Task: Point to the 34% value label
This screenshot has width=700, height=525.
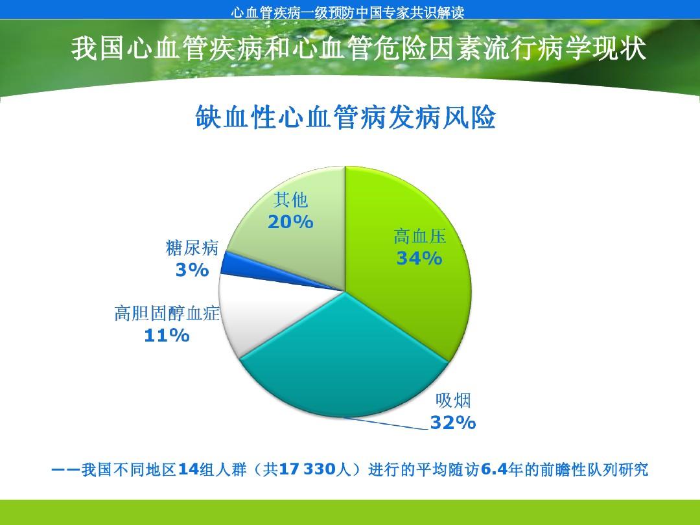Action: click(x=419, y=259)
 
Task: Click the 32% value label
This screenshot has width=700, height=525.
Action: click(x=453, y=423)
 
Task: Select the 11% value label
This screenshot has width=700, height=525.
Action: click(x=167, y=336)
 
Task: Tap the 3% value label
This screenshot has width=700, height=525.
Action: click(x=192, y=270)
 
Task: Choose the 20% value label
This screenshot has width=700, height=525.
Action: click(x=290, y=222)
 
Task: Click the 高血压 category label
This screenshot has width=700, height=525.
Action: click(x=420, y=237)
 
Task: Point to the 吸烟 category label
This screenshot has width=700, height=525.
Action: click(x=453, y=400)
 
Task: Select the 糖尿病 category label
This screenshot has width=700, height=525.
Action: click(x=192, y=248)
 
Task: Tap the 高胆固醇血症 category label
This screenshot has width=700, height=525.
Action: click(x=167, y=314)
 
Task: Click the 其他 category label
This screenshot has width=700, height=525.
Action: click(x=290, y=200)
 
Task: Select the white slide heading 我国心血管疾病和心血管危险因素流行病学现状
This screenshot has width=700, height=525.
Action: click(x=358, y=49)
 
